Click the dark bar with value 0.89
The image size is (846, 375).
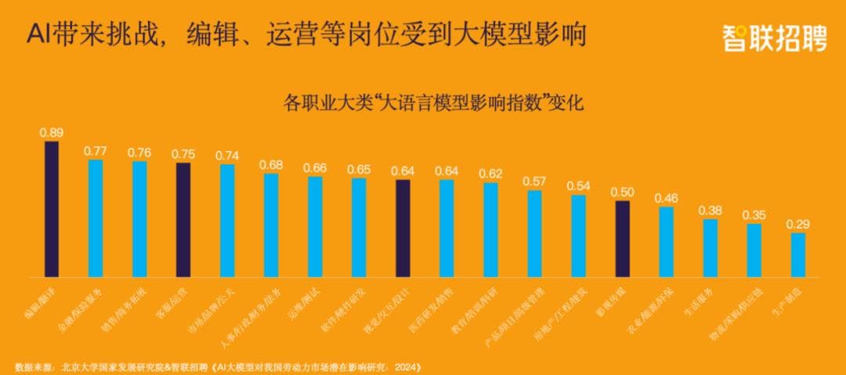(52, 209)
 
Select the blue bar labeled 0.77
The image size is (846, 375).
(96, 218)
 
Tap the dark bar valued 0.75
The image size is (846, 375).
(183, 220)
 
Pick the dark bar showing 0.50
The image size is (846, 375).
(623, 239)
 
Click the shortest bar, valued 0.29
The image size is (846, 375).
(798, 254)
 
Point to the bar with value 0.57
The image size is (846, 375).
(535, 233)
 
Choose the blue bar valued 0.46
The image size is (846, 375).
(667, 242)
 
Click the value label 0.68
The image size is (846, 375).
(271, 164)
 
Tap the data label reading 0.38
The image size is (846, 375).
(710, 210)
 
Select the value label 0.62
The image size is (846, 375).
(491, 173)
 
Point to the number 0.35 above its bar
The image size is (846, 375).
(754, 215)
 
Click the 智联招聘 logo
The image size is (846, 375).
(774, 37)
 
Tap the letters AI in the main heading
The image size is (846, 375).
(38, 35)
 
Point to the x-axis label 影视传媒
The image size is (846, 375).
(611, 301)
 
